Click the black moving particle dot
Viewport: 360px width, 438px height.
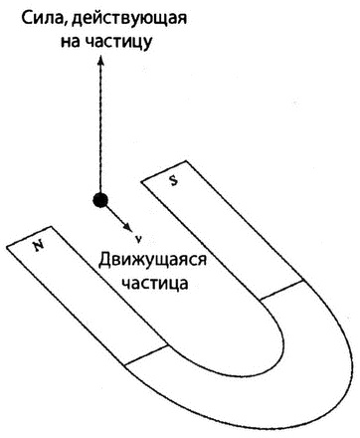97,200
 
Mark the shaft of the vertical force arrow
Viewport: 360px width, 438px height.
98,129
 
